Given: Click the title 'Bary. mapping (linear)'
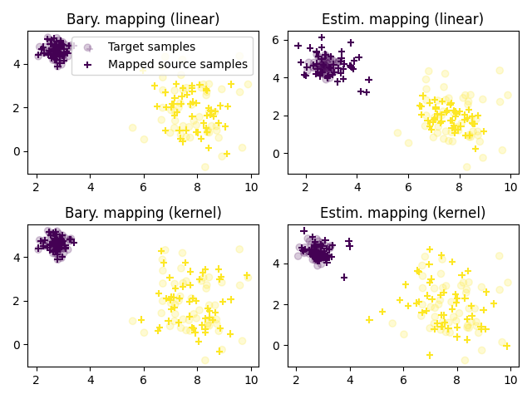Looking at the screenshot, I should (143, 19).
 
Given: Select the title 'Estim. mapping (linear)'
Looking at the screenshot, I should (402, 19).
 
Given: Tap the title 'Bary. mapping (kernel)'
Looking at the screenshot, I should (143, 213).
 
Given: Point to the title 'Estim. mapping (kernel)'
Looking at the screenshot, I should (402, 213).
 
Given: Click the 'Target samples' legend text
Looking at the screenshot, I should (151, 47).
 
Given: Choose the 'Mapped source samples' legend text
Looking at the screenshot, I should (178, 64).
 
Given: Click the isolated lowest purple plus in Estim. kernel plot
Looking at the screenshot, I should (344, 278).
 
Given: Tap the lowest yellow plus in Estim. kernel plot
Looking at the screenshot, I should (430, 355).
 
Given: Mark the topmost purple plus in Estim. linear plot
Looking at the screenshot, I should (322, 37).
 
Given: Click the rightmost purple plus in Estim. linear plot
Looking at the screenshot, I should (368, 80).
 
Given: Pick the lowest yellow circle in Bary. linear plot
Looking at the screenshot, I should (204, 167).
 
